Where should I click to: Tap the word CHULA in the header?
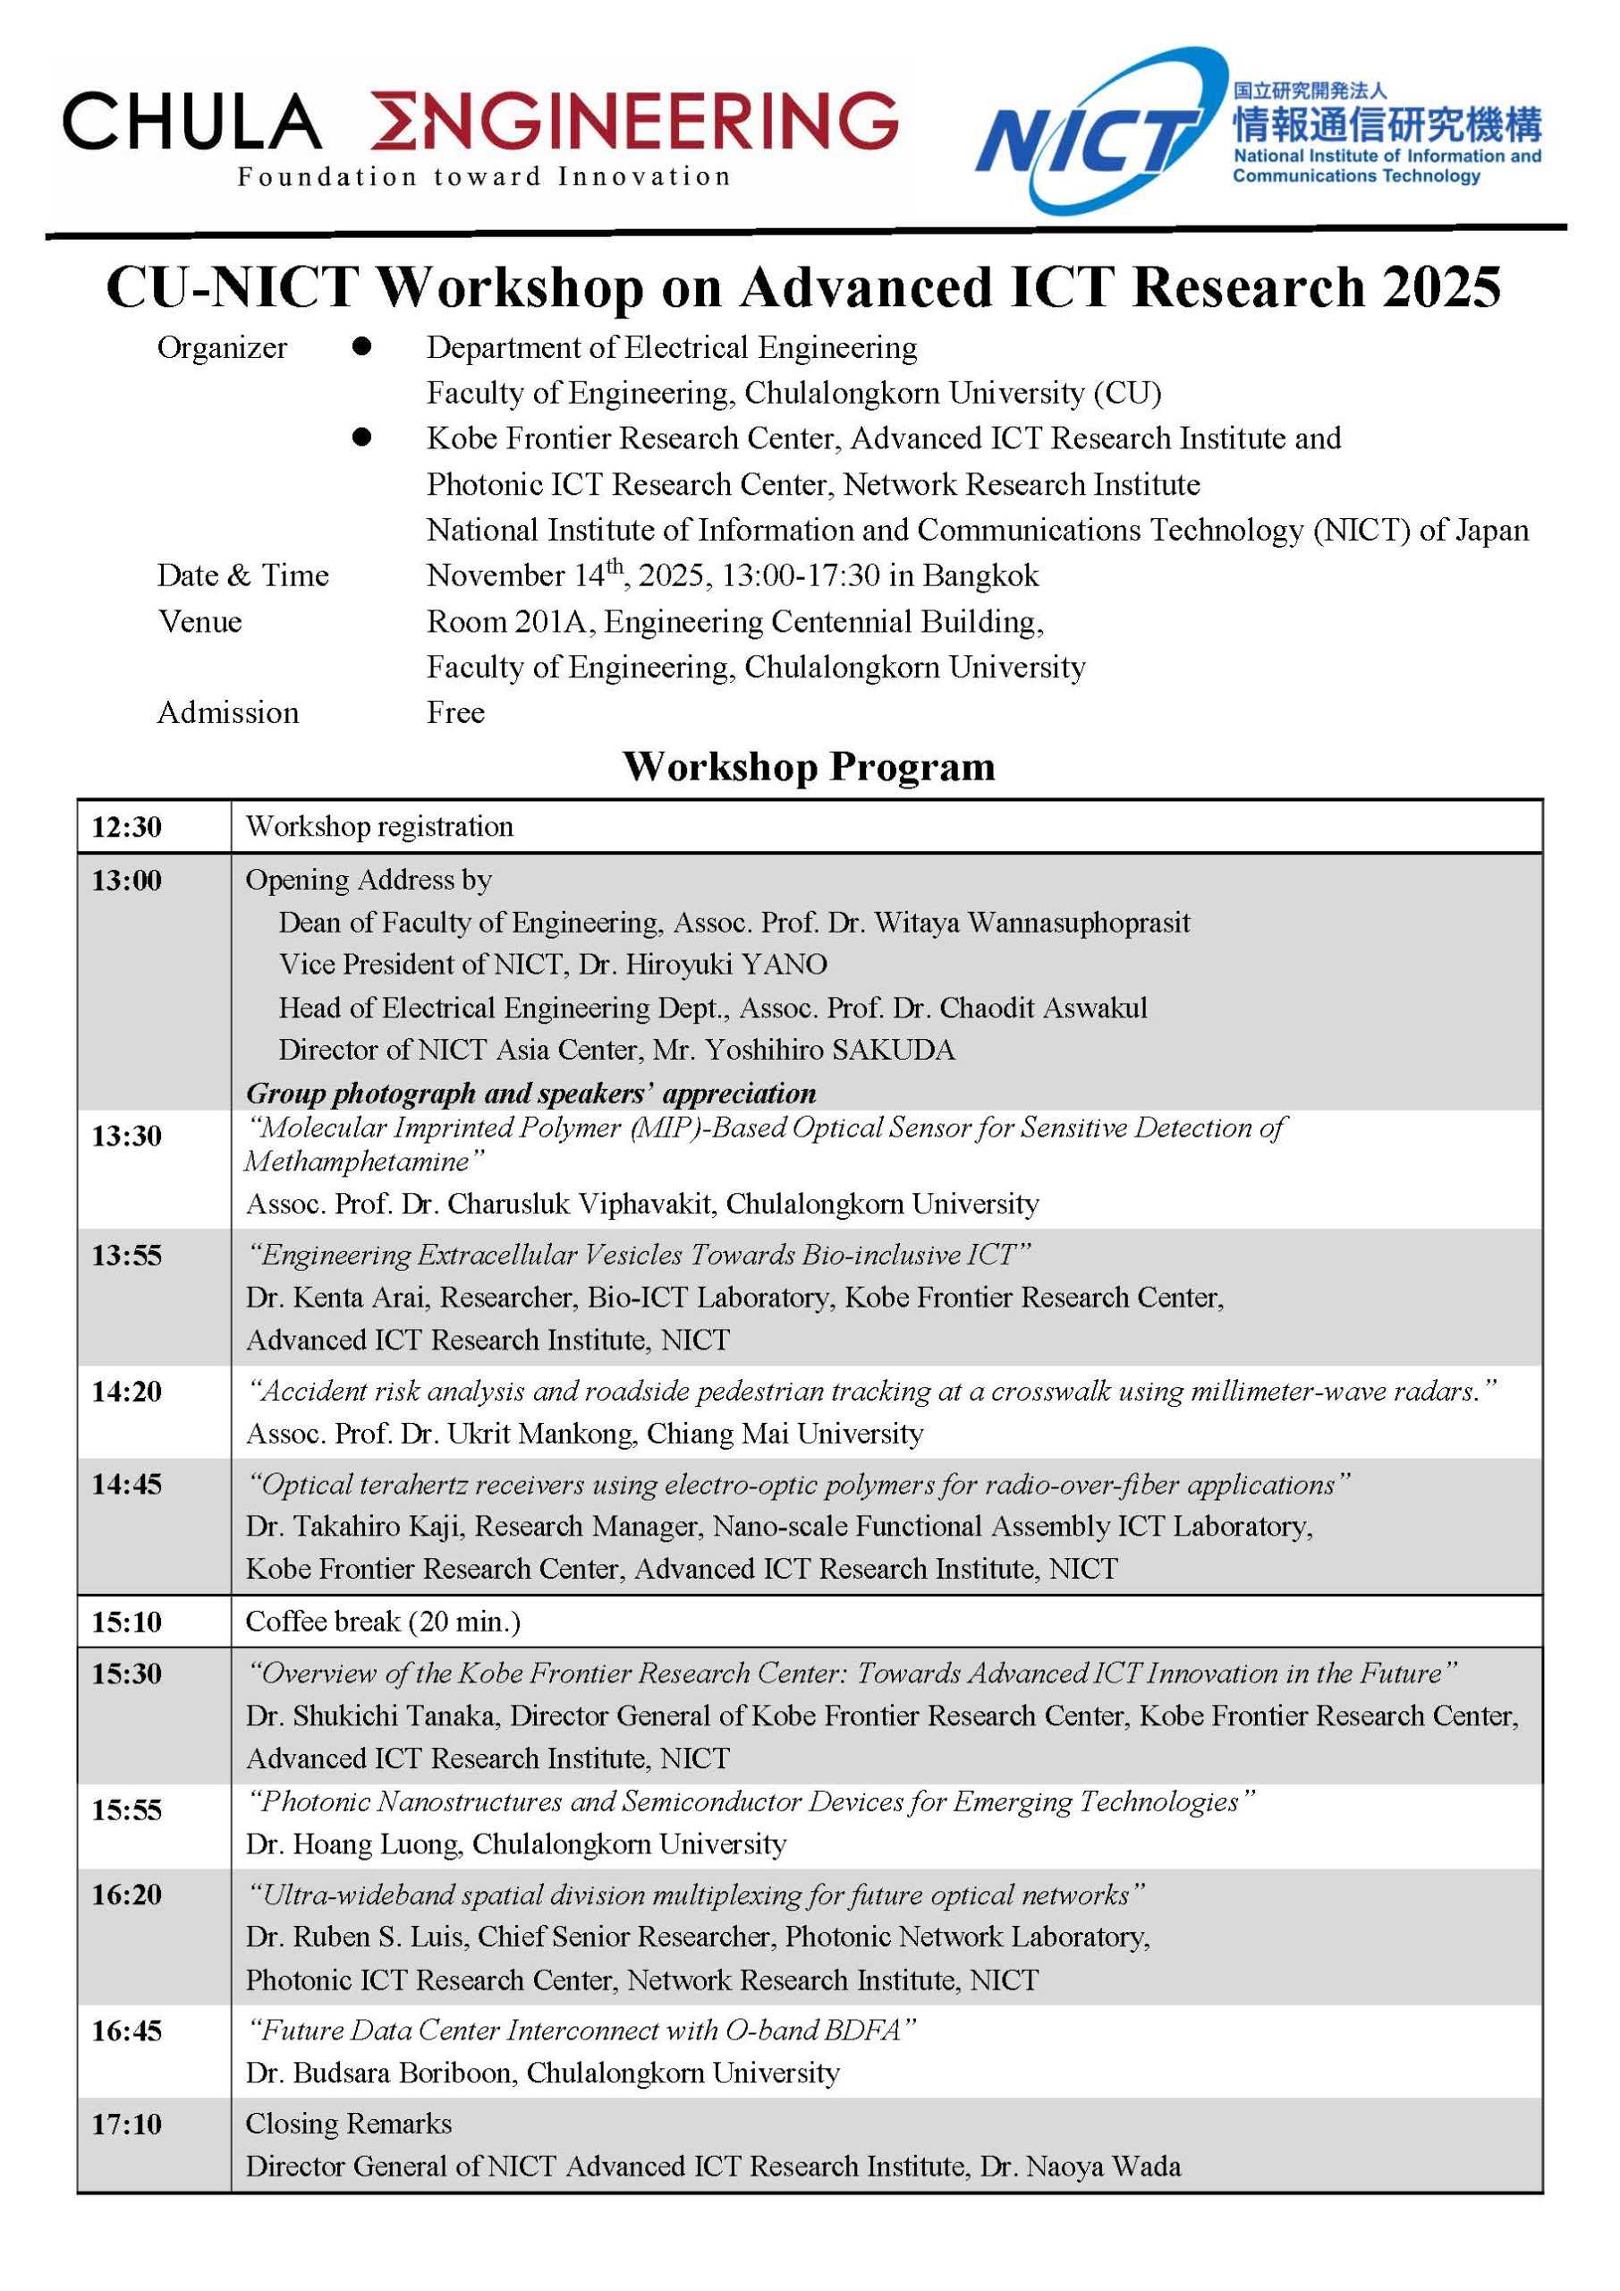coord(191,122)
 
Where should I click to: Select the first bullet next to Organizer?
coord(362,346)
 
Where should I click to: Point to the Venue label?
coord(199,622)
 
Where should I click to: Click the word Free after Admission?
coord(455,712)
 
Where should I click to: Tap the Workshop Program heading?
coord(809,766)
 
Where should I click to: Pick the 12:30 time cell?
coord(127,827)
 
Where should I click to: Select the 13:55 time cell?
coord(127,1256)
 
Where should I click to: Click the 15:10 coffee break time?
coord(127,1622)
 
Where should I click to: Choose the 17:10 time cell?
coord(127,2124)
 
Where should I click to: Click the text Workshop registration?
coord(379,826)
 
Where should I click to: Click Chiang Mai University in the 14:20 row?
coord(785,1434)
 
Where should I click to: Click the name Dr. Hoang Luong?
coord(353,1844)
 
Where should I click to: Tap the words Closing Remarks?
coord(348,2124)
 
